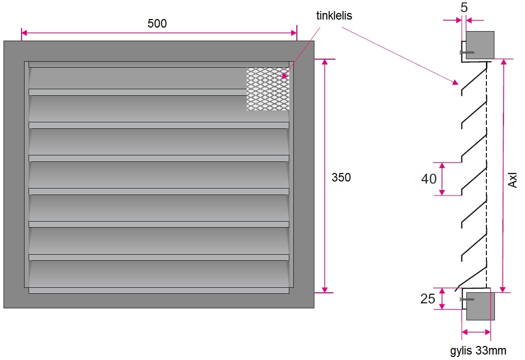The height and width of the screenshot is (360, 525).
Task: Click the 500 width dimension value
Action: click(157, 24)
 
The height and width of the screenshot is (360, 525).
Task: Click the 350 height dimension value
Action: click(341, 177)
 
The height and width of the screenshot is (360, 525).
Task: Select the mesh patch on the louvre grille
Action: click(268, 89)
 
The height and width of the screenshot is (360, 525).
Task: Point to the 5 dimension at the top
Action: click(464, 9)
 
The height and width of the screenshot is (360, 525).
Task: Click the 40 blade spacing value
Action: click(429, 178)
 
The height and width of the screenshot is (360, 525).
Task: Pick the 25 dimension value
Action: click(428, 299)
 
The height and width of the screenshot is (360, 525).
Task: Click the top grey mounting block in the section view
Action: click(480, 45)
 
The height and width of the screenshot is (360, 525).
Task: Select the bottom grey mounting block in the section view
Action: click(480, 306)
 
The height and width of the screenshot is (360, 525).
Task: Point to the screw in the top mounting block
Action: click(467, 52)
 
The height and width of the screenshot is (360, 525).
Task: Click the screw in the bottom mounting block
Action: click(467, 299)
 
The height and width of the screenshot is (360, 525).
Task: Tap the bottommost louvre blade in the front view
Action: click(158, 273)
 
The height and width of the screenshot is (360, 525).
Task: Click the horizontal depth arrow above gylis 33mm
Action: click(476, 332)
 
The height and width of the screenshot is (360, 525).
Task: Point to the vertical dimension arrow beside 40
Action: click(442, 178)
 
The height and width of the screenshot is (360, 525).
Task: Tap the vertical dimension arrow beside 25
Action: click(442, 299)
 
